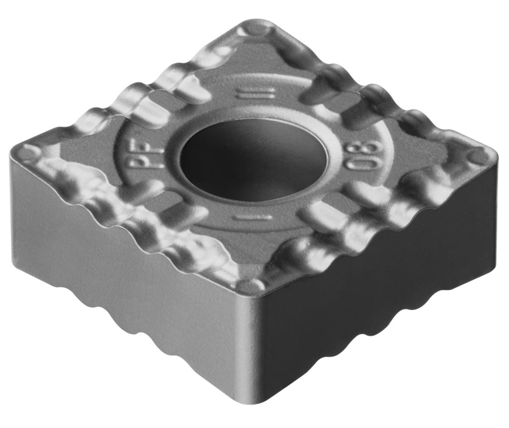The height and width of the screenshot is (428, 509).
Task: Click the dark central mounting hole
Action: (254, 160)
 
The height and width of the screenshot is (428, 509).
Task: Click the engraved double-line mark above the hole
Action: (256, 94)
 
